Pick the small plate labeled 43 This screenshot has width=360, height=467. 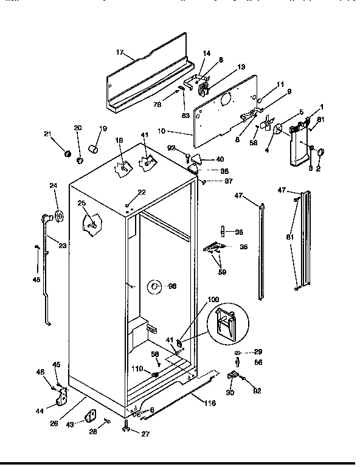coord(91,415)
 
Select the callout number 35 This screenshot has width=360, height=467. coord(244,247)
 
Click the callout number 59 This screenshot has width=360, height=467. coord(223,272)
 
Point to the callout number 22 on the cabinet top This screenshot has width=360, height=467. coord(142,192)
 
